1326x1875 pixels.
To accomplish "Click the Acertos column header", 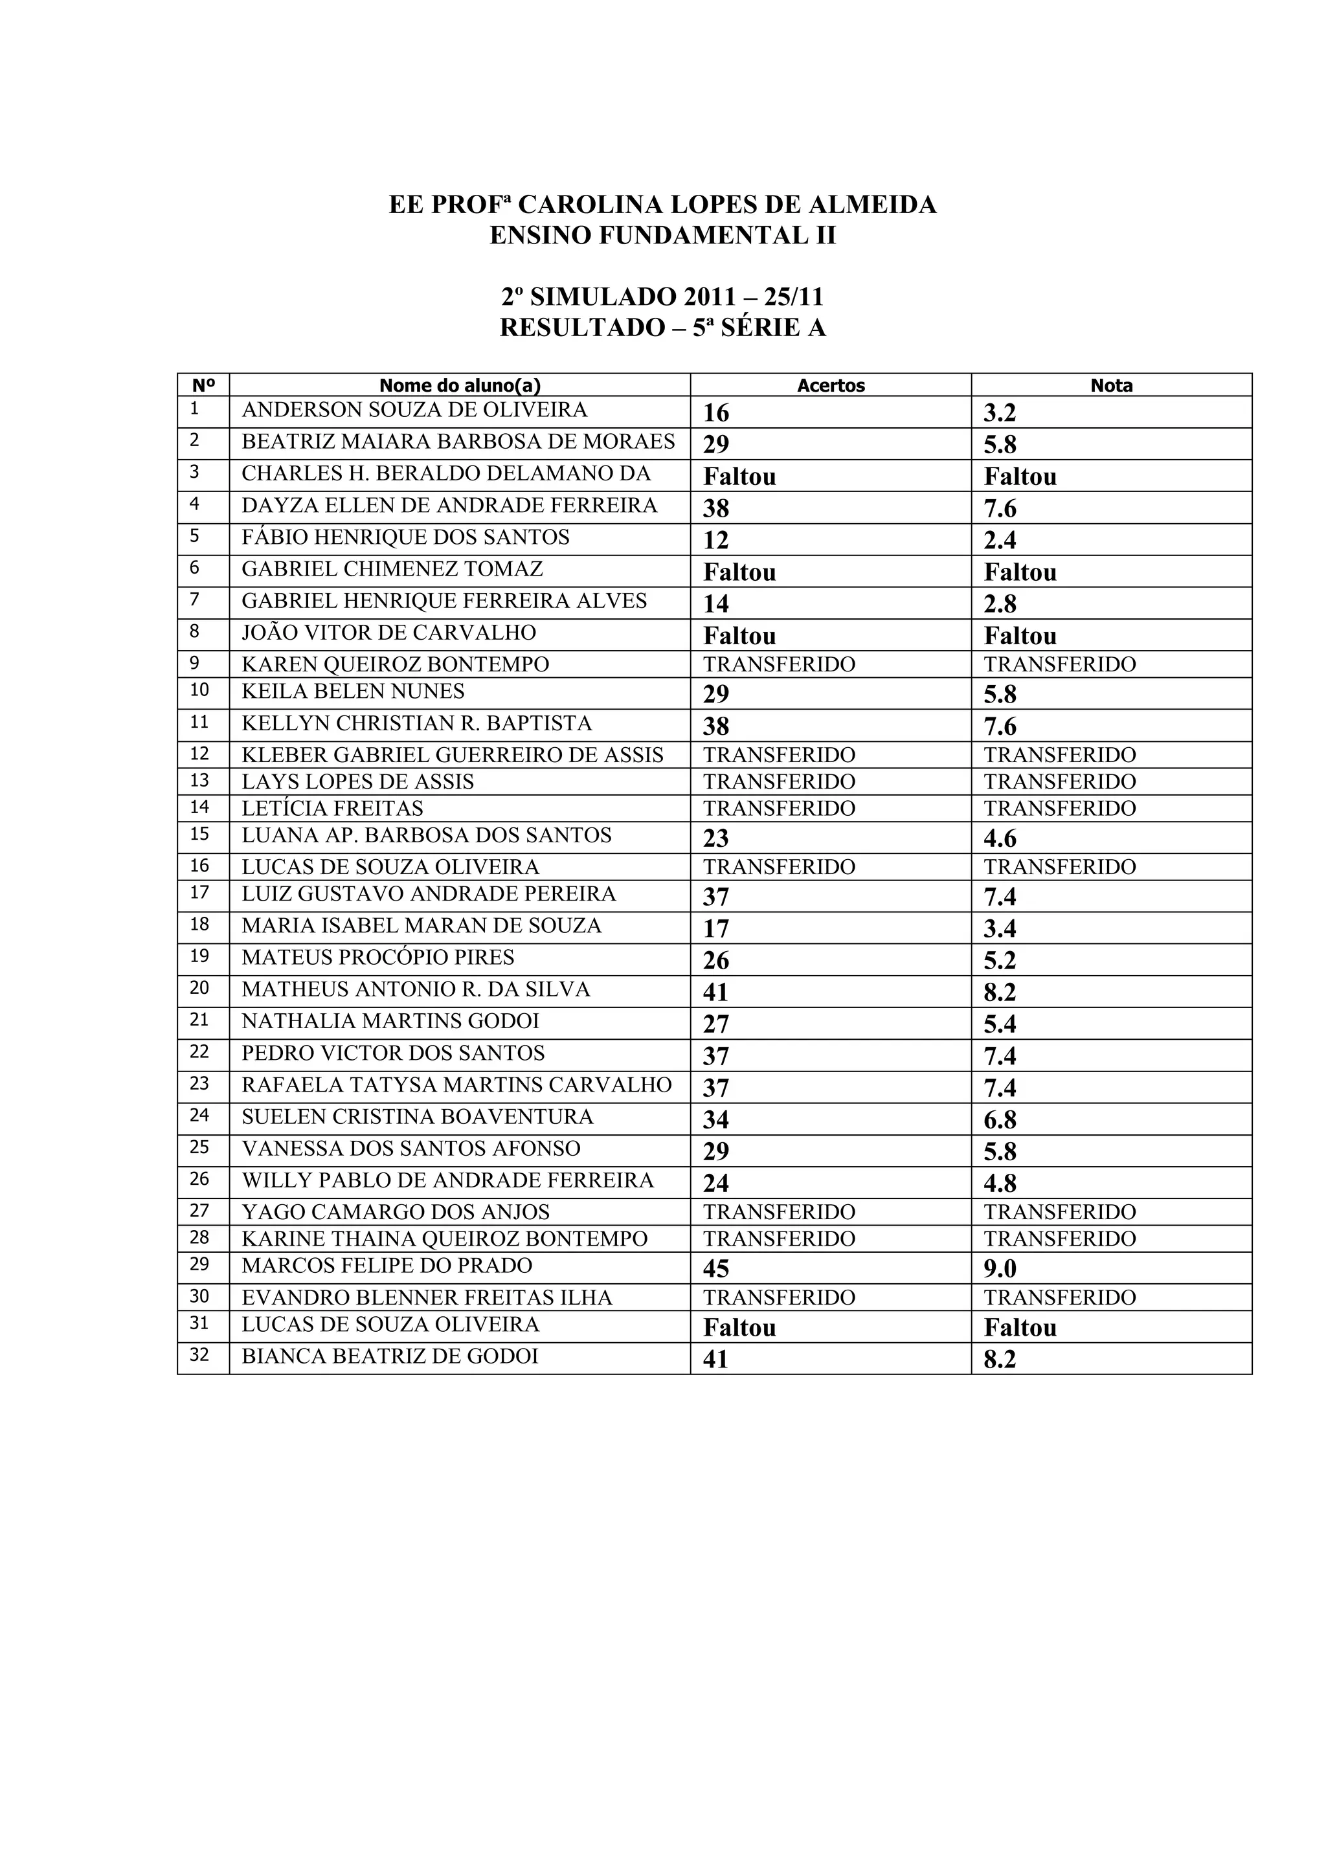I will tap(831, 385).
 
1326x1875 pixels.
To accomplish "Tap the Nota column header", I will tap(1111, 385).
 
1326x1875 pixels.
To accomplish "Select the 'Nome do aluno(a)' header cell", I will tap(460, 385).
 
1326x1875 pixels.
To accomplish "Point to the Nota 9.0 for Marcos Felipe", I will tap(1000, 1269).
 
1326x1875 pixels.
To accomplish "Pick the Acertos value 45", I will tap(716, 1269).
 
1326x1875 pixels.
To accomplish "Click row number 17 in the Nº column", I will tap(199, 893).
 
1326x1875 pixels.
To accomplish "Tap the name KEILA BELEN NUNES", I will tap(353, 691).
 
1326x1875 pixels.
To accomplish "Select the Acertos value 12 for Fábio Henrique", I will tap(715, 541).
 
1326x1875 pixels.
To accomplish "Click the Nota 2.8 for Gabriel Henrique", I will tap(1000, 604).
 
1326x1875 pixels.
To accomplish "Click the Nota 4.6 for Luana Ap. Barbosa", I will tap(1000, 838).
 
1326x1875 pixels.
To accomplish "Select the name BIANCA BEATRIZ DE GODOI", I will tap(390, 1356).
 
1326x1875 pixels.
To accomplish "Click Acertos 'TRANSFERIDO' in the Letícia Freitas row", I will tap(779, 809).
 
